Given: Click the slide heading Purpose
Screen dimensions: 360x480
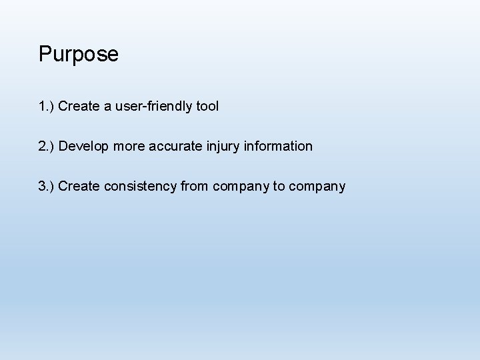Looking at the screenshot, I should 79,54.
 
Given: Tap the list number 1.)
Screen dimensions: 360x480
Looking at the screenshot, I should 47,106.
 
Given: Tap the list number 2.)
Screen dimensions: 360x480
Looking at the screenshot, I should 47,146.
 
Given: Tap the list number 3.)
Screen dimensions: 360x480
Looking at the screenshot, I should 47,186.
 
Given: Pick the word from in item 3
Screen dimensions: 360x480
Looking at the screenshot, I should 195,186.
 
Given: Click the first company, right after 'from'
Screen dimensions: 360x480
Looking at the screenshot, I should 241,186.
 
